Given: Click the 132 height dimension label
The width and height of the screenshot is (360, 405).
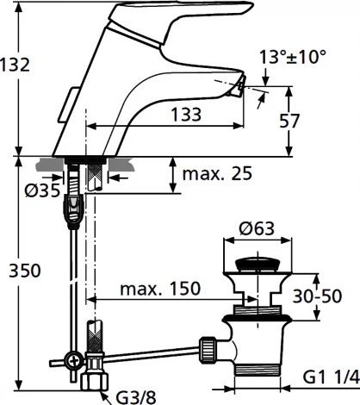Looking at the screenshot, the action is point(15,65).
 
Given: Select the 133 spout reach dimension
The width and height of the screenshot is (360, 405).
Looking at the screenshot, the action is point(186,115).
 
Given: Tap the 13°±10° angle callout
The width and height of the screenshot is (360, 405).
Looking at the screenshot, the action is point(293,57).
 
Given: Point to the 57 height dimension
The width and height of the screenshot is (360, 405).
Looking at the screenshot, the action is point(289,121).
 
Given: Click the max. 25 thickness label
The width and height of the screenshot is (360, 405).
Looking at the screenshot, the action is point(217,173).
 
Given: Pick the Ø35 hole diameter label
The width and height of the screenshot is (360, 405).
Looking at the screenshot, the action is point(42,190).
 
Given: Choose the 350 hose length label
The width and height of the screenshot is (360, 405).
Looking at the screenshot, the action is point(25,271).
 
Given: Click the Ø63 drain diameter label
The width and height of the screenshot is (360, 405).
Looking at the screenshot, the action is point(257,228).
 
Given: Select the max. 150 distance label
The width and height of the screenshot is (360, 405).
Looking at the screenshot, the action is point(160,289).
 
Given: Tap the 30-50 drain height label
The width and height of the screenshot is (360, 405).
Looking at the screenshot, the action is point(317,296).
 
